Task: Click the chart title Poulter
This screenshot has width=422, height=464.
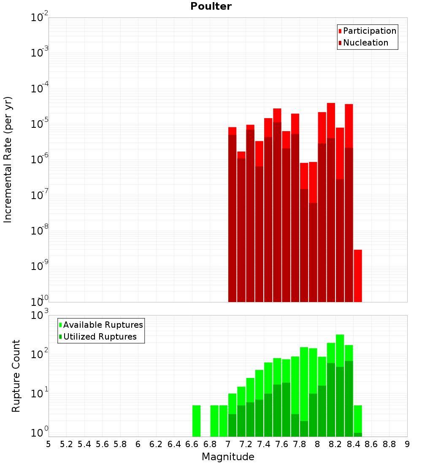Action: coord(211,6)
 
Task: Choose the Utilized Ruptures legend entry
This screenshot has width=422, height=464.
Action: coord(100,337)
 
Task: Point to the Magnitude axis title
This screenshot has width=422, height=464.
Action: coord(228,457)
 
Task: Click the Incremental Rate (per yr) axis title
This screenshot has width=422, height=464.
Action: coord(8,159)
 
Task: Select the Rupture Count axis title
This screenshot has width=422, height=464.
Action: coord(16,375)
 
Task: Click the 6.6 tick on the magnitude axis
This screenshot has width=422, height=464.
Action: coord(192,444)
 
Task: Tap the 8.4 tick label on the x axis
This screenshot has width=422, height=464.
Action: coord(354,444)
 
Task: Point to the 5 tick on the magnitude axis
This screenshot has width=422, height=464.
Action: coord(49,444)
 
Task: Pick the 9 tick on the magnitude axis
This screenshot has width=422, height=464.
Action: coord(407,444)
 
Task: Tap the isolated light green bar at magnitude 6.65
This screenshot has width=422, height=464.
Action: coord(196,421)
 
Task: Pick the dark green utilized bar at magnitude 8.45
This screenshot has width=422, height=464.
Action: coord(358,434)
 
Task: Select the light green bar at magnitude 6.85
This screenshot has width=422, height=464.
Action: coord(214,421)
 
